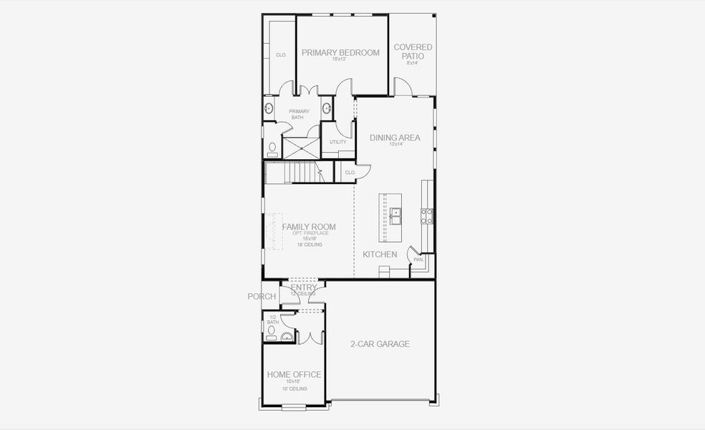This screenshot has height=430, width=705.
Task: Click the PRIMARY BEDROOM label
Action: pyautogui.click(x=340, y=52)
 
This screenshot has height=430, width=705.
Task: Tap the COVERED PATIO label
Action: pyautogui.click(x=413, y=52)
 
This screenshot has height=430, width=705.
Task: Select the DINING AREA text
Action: pyautogui.click(x=395, y=138)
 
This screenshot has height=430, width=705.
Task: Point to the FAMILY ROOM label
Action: pyautogui.click(x=308, y=227)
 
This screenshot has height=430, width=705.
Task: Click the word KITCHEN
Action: pyautogui.click(x=380, y=254)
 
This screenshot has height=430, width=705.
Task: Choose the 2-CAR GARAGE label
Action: pyautogui.click(x=380, y=344)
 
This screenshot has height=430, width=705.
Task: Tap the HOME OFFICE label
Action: pyautogui.click(x=294, y=375)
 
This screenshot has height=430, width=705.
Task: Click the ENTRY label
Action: pyautogui.click(x=303, y=287)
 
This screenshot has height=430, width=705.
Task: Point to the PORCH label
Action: pyautogui.click(x=262, y=297)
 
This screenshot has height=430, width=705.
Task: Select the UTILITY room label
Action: pyautogui.click(x=337, y=142)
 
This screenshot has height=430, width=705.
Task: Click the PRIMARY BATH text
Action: pyautogui.click(x=299, y=114)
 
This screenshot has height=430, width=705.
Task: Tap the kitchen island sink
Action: pyautogui.click(x=395, y=212)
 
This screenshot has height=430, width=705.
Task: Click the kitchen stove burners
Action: pyautogui.click(x=427, y=216)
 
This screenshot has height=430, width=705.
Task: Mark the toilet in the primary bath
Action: pyautogui.click(x=272, y=148)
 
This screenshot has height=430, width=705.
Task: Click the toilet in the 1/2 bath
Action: pyautogui.click(x=271, y=331)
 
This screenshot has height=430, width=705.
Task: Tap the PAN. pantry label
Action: pyautogui.click(x=418, y=259)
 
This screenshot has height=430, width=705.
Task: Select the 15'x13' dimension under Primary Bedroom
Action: pyautogui.click(x=340, y=59)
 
